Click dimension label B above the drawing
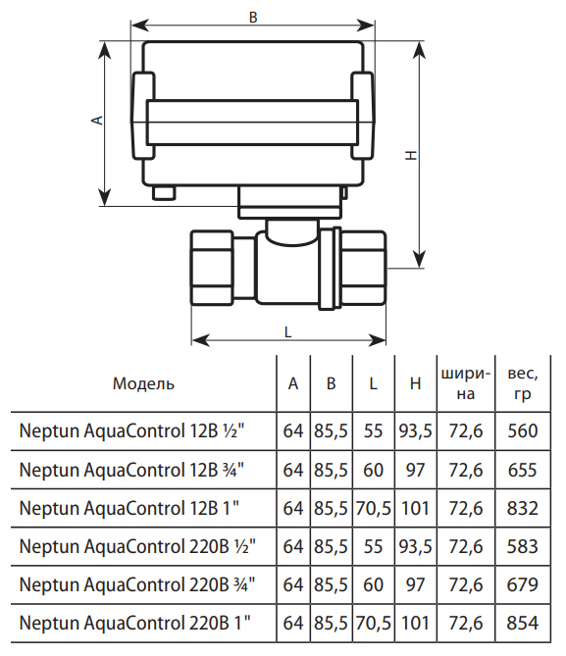coord(253,17)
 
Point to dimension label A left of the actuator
coord(97,120)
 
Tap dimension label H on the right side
coord(411,155)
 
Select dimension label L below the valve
coord(287,332)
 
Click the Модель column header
coord(143,383)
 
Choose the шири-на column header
coord(466,383)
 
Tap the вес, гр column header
coord(523,383)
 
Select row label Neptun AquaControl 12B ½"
coord(131,430)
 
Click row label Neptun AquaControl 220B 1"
coord(134,623)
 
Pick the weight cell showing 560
coord(523,430)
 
